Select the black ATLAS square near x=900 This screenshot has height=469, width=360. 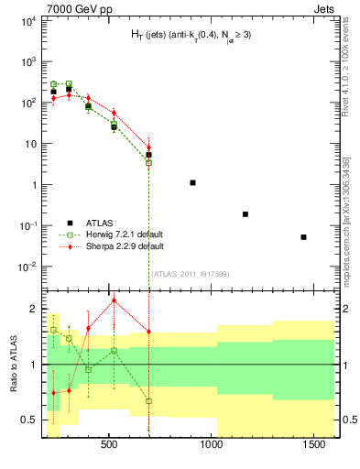point(192,182)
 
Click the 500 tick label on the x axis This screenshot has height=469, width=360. point(109,444)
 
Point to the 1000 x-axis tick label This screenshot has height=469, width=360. point(213,444)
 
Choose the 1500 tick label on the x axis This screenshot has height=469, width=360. point(318,444)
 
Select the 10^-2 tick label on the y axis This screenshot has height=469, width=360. point(27,267)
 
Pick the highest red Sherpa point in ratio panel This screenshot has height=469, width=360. point(114,300)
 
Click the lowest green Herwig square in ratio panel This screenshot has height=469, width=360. point(148,401)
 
